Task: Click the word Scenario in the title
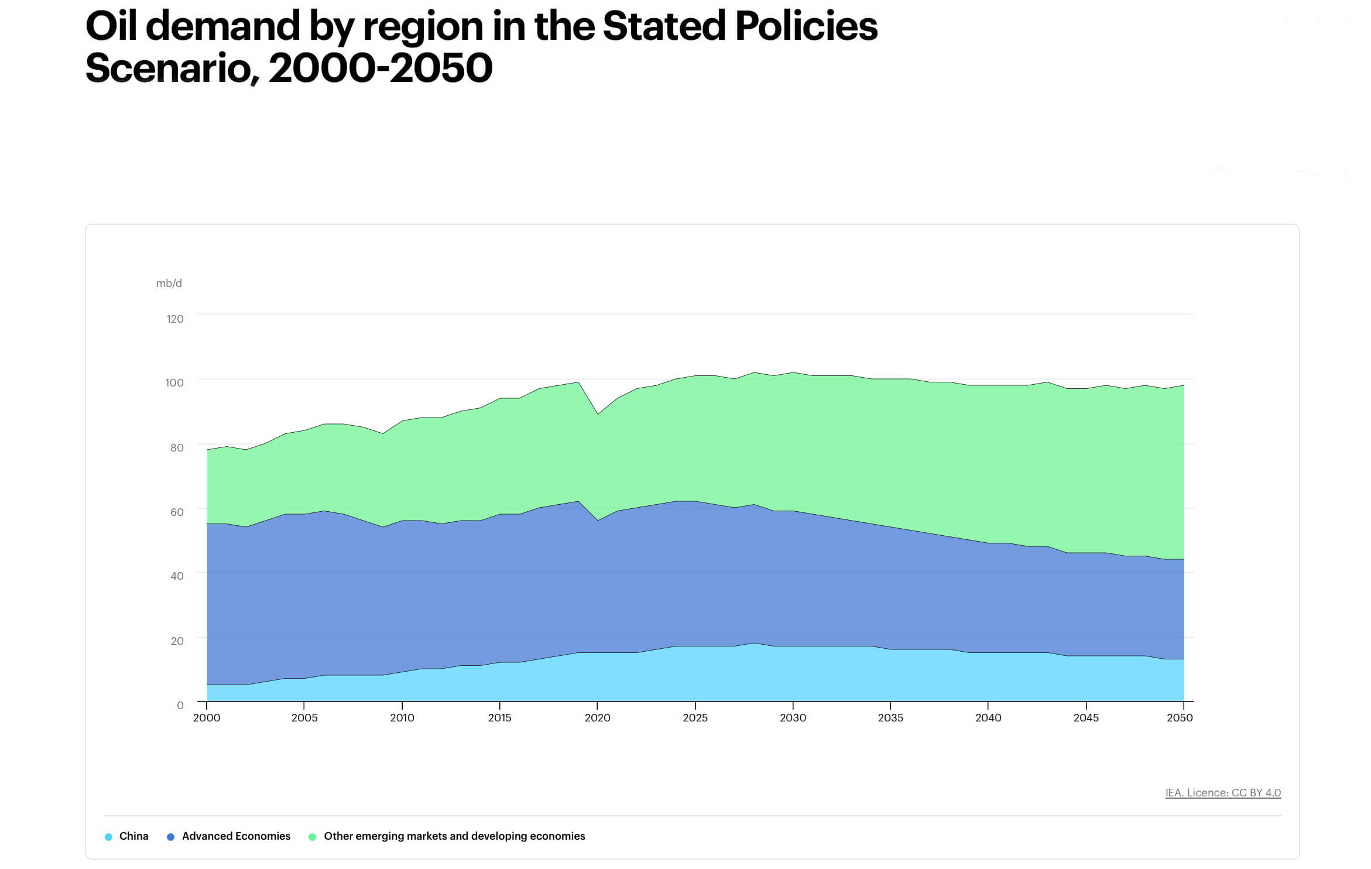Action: [169, 68]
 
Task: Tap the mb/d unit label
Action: [169, 283]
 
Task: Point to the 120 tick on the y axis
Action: [174, 319]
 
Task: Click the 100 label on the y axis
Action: [174, 383]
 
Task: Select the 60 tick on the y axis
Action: [176, 512]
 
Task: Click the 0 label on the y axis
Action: [180, 706]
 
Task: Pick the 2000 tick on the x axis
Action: [207, 718]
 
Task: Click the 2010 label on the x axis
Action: [402, 718]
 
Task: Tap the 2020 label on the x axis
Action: [597, 718]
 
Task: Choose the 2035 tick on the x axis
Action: [890, 718]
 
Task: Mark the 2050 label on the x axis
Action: [1180, 718]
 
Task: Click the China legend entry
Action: [133, 836]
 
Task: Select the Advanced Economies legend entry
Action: [235, 836]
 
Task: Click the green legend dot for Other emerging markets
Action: [312, 837]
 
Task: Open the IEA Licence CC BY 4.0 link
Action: [1223, 793]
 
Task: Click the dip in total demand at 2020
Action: [597, 415]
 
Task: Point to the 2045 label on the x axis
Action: [1086, 718]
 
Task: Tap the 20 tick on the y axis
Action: [176, 641]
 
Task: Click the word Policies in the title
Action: [806, 26]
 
